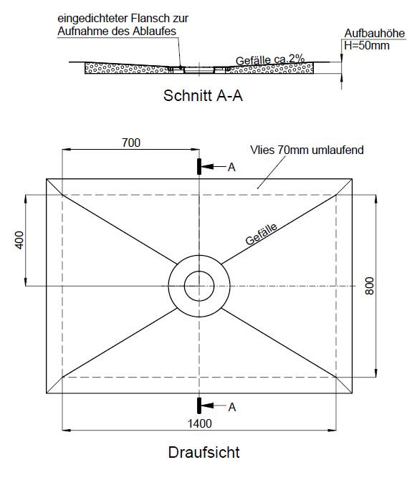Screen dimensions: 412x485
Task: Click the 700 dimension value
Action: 131,143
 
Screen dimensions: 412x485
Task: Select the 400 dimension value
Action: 19,240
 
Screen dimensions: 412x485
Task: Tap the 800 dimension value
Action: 369,286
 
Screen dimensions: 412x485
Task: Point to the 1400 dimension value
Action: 200,423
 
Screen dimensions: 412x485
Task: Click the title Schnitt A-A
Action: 203,95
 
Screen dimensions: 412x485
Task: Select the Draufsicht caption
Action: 203,452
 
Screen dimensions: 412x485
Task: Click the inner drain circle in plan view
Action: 199,272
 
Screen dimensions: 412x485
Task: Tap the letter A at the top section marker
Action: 231,168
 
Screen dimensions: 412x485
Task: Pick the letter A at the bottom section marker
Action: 232,408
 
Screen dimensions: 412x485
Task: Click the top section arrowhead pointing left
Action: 207,167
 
